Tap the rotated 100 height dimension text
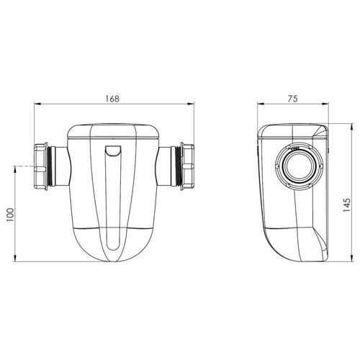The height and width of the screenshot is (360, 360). click(10, 215)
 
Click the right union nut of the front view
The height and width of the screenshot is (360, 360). click(189, 167)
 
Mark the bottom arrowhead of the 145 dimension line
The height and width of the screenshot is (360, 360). click(342, 261)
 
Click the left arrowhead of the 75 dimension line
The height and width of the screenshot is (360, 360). click(261, 105)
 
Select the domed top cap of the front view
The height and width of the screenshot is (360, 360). click(114, 132)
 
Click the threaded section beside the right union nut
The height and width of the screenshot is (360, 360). click(176, 167)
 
